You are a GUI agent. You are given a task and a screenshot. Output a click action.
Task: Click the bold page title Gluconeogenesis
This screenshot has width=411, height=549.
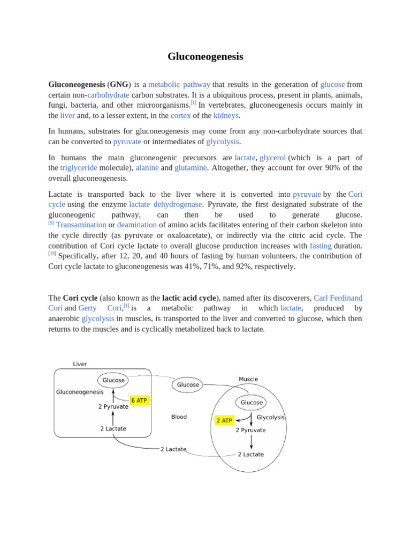click(x=205, y=56)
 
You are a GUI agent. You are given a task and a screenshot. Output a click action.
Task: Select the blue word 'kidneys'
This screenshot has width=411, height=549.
click(x=226, y=115)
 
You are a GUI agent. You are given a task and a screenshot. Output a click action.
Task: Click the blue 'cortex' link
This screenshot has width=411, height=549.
click(x=180, y=115)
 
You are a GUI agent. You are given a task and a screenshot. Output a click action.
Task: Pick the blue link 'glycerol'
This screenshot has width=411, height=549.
click(x=272, y=158)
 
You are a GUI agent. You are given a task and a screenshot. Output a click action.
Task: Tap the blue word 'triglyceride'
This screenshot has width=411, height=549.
click(x=79, y=168)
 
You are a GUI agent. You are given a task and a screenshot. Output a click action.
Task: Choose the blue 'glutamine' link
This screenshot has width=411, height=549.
click(x=191, y=168)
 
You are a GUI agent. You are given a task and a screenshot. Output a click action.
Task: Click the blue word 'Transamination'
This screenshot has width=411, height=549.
click(x=81, y=225)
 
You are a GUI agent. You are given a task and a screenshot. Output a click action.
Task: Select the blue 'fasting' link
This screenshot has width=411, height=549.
click(x=321, y=246)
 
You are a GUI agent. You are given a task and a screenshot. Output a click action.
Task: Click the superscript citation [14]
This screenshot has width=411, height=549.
click(x=52, y=253)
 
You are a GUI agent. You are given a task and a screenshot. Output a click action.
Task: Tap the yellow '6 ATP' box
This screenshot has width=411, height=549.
click(x=139, y=400)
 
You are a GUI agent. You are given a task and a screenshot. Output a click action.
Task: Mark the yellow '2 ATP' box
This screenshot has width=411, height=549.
click(x=224, y=420)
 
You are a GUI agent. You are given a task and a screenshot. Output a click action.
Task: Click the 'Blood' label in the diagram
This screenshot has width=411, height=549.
click(x=179, y=417)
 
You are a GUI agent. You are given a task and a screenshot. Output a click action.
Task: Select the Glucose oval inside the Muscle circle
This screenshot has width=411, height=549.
click(x=252, y=402)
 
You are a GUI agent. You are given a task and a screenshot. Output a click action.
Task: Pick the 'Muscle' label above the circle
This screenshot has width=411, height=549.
click(x=248, y=379)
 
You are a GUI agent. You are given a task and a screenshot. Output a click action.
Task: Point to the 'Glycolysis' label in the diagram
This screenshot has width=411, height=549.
click(x=270, y=417)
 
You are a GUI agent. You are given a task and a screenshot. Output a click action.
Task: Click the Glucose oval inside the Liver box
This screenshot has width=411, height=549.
click(x=113, y=380)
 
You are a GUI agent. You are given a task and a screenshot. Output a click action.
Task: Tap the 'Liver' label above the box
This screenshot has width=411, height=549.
click(x=80, y=364)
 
